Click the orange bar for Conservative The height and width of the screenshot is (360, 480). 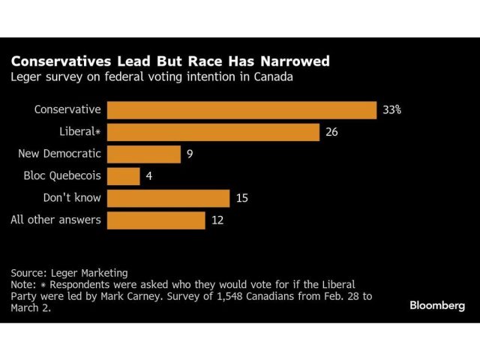(241, 110)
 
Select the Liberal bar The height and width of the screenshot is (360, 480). (214, 133)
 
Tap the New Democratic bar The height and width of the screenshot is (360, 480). (144, 154)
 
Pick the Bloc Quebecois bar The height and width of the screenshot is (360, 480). (124, 176)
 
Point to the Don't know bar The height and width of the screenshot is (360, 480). (168, 198)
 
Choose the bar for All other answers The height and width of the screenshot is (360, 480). (156, 220)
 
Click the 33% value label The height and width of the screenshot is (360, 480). (392, 110)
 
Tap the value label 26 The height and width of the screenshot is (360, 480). (332, 133)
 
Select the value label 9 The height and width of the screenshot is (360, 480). (190, 154)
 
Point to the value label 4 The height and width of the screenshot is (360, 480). (148, 176)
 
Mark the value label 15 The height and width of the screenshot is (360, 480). (241, 198)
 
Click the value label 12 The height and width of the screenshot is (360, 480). (217, 220)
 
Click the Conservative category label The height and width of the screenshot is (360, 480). (68, 109)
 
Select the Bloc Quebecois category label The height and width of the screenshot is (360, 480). (64, 176)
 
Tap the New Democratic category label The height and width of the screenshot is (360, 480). (60, 154)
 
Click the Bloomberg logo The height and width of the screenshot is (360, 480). (437, 305)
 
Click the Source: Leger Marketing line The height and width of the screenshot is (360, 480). (70, 273)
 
